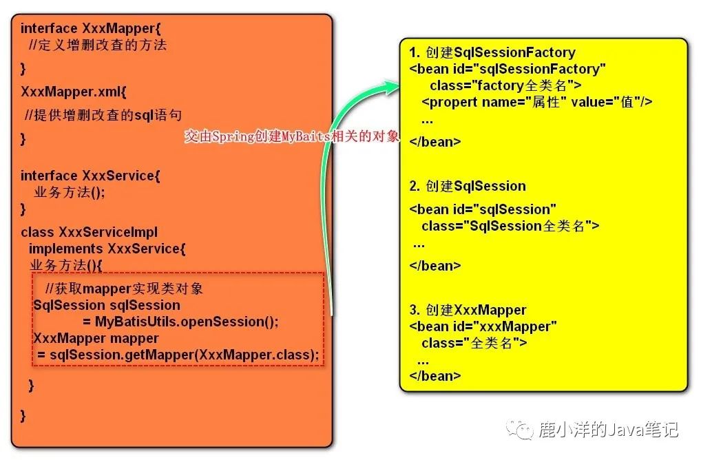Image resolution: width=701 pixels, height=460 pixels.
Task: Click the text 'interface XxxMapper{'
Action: click(x=90, y=28)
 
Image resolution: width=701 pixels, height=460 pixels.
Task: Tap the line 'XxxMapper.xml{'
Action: click(x=73, y=92)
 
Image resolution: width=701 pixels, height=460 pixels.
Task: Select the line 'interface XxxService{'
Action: click(x=90, y=175)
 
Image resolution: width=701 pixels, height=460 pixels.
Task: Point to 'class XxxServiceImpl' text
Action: click(x=89, y=232)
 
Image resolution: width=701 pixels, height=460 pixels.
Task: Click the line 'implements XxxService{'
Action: click(x=107, y=249)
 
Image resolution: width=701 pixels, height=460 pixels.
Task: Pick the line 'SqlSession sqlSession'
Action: click(x=107, y=305)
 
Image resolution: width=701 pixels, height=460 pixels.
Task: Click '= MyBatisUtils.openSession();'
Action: click(x=180, y=322)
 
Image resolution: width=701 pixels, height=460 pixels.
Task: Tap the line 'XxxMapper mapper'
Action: click(x=96, y=338)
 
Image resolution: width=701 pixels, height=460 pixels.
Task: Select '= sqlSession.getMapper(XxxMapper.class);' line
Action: click(x=178, y=355)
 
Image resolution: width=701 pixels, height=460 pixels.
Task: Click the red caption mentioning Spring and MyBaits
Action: click(x=291, y=136)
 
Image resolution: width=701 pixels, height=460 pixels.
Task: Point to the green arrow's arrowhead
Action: click(x=390, y=85)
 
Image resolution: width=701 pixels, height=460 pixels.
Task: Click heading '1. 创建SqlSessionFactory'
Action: click(x=492, y=52)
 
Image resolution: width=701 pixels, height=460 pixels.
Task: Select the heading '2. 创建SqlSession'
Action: click(x=468, y=185)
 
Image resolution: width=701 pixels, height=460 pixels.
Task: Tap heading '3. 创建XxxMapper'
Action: click(x=468, y=310)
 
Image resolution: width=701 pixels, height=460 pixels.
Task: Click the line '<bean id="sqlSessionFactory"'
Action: click(x=508, y=69)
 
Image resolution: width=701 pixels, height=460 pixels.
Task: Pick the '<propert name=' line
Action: click(x=537, y=103)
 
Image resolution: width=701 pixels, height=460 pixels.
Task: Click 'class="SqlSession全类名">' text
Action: click(x=510, y=226)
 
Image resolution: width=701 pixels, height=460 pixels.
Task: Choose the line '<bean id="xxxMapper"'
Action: click(x=483, y=326)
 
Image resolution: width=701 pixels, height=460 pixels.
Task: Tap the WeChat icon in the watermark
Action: click(x=519, y=430)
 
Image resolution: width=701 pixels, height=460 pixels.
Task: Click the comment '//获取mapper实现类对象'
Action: click(x=124, y=289)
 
